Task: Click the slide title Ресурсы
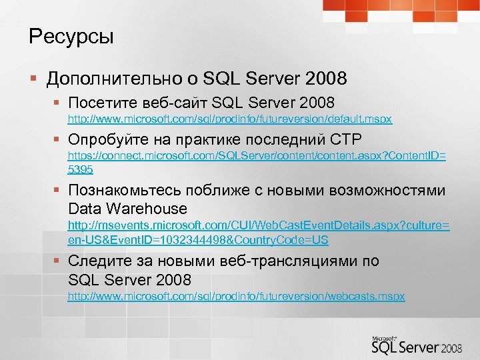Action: pos(71,37)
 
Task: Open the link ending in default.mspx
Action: pos(230,119)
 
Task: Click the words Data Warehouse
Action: pos(127,208)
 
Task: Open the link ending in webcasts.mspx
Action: pos(236,295)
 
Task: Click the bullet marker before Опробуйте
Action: pos(59,141)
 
